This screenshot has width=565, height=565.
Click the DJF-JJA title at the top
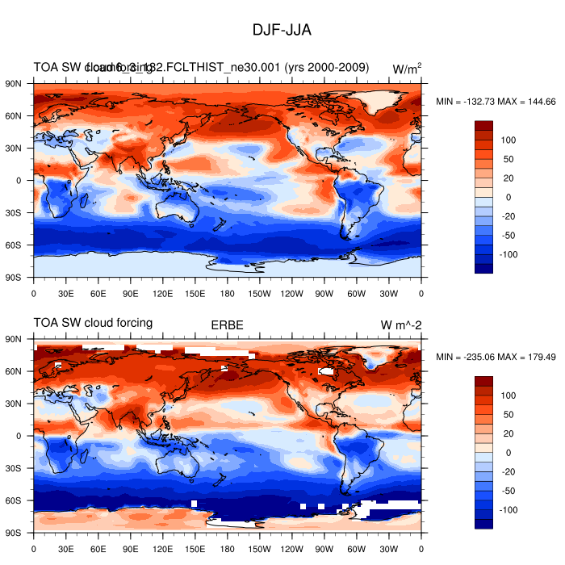[x=282, y=30]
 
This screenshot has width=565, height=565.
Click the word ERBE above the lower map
[x=228, y=324]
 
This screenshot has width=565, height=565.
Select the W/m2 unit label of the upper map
[x=407, y=69]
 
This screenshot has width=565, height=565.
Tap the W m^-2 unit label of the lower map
[x=401, y=324]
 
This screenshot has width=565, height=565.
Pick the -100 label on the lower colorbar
[x=509, y=510]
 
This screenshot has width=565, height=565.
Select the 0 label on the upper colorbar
[x=508, y=197]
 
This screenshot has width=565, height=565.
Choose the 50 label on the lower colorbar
[x=508, y=414]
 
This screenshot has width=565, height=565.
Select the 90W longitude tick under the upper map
[x=324, y=294]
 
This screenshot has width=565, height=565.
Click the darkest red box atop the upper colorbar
[x=483, y=125]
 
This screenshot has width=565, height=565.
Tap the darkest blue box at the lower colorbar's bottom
[x=483, y=524]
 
